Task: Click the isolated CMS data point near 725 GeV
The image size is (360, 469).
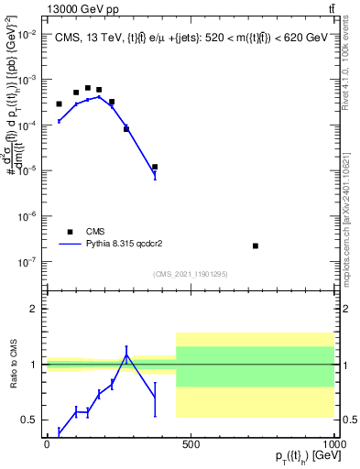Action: pyautogui.click(x=256, y=245)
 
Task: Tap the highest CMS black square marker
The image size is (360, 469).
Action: pyautogui.click(x=88, y=88)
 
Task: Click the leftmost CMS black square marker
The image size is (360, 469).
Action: pyautogui.click(x=59, y=104)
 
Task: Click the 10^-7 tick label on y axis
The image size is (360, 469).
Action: pyautogui.click(x=27, y=262)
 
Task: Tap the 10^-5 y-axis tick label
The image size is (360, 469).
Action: pyautogui.click(x=27, y=170)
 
